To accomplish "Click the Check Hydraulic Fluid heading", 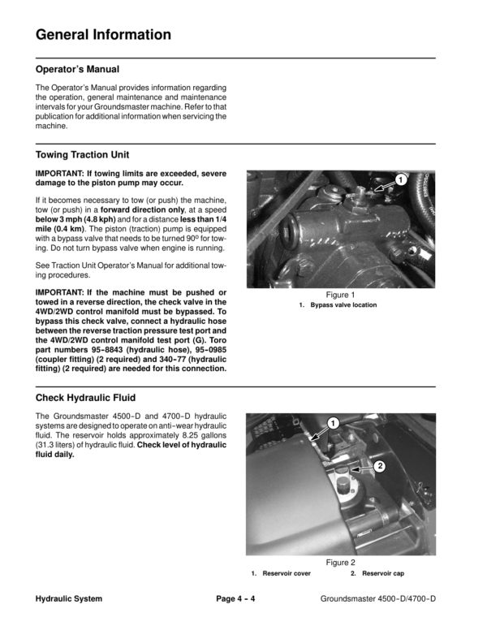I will pyautogui.click(x=85, y=399).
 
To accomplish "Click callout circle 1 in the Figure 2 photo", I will pyautogui.click(x=333, y=423).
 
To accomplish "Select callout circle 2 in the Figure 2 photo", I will pyautogui.click(x=378, y=466).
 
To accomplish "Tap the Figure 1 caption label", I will pyautogui.click(x=341, y=295).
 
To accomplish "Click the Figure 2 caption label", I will pyautogui.click(x=341, y=563).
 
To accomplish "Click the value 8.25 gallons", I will pyautogui.click(x=200, y=436).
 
